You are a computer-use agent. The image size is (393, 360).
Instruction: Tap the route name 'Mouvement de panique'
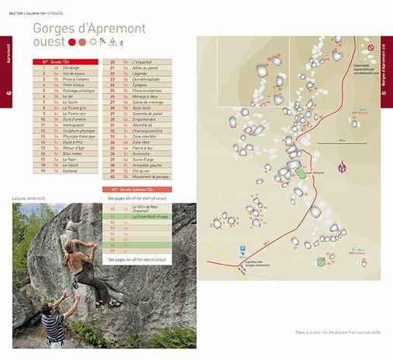(x=151, y=177)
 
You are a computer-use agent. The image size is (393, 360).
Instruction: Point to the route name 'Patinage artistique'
(x=79, y=91)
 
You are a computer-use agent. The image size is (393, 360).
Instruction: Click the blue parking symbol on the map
(x=243, y=250)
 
